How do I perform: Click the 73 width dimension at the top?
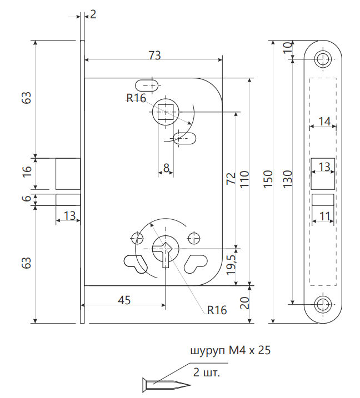(154, 55)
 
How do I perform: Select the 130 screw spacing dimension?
(287, 178)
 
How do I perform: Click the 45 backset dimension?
(124, 300)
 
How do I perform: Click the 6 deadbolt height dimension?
(27, 199)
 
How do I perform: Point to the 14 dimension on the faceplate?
(324, 121)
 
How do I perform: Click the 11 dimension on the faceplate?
(324, 215)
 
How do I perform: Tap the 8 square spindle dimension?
(166, 167)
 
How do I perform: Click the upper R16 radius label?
(136, 99)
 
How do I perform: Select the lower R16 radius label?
(217, 310)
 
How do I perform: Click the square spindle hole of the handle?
(165, 113)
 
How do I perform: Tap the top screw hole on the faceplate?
(323, 59)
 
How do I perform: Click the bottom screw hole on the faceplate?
(323, 303)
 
